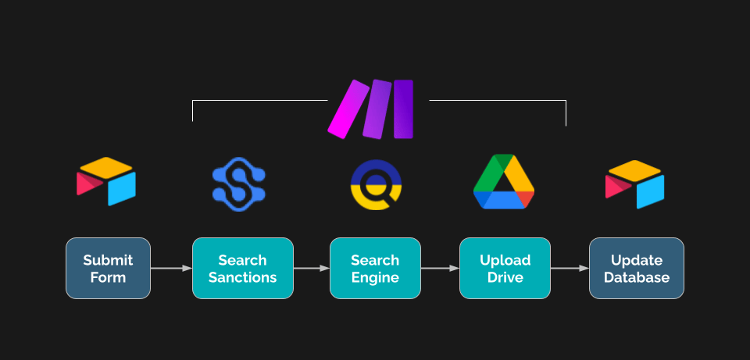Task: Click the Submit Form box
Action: pyautogui.click(x=108, y=268)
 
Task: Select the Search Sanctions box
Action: pyautogui.click(x=242, y=268)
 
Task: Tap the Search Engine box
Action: pyautogui.click(x=375, y=268)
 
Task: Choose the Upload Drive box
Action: pyautogui.click(x=505, y=268)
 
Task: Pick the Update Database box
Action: pyautogui.click(x=637, y=268)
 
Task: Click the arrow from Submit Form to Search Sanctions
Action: pyautogui.click(x=171, y=269)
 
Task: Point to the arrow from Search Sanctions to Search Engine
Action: pyautogui.click(x=312, y=269)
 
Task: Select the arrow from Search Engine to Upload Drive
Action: pyautogui.click(x=440, y=269)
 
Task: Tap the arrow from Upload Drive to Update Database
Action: pyautogui.click(x=570, y=269)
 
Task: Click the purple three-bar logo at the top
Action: pyautogui.click(x=370, y=109)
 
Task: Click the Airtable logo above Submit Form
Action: pyautogui.click(x=106, y=181)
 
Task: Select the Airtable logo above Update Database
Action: pyautogui.click(x=634, y=184)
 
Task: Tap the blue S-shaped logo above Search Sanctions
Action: pyautogui.click(x=239, y=185)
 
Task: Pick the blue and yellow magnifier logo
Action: pyautogui.click(x=376, y=184)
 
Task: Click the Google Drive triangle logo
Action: pyautogui.click(x=504, y=182)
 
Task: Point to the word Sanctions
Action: pyautogui.click(x=242, y=277)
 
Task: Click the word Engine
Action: pyautogui.click(x=375, y=278)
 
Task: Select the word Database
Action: pyautogui.click(x=637, y=277)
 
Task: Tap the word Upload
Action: pyautogui.click(x=505, y=261)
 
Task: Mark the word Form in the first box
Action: pyautogui.click(x=108, y=277)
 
